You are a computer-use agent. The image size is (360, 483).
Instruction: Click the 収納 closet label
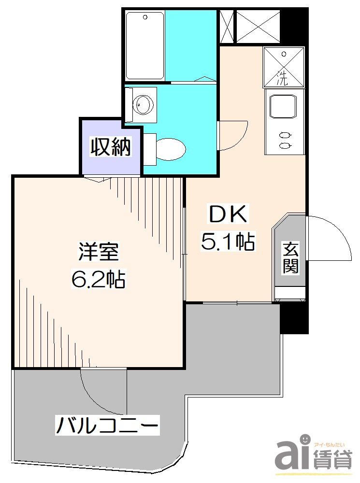111,147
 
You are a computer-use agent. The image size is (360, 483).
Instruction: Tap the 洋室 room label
99,253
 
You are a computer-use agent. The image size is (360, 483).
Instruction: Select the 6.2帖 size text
99,279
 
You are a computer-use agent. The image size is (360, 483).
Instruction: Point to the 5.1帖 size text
228,241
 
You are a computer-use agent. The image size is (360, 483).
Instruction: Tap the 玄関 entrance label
290,258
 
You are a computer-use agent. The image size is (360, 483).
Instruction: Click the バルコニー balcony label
107,426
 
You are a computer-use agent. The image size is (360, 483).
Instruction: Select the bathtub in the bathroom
144,46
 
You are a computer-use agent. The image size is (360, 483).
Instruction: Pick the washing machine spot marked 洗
284,67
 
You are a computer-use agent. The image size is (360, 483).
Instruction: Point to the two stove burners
285,140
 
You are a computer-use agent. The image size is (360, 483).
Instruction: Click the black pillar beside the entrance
294,316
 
